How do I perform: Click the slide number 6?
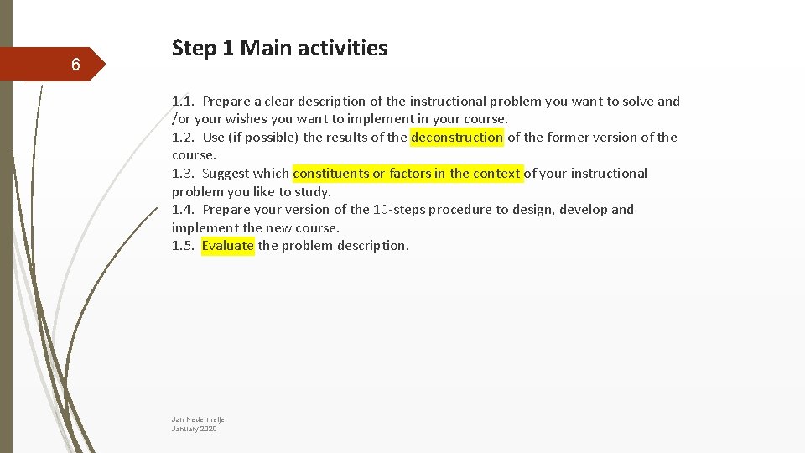tap(75, 65)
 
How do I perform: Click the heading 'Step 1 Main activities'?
tap(279, 49)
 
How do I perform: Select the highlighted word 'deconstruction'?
tap(457, 138)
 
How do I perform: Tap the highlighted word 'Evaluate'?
tap(227, 246)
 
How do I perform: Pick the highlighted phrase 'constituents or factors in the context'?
tap(407, 174)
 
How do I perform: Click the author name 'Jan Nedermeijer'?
tap(200, 419)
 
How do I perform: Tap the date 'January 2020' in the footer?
tap(194, 429)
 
